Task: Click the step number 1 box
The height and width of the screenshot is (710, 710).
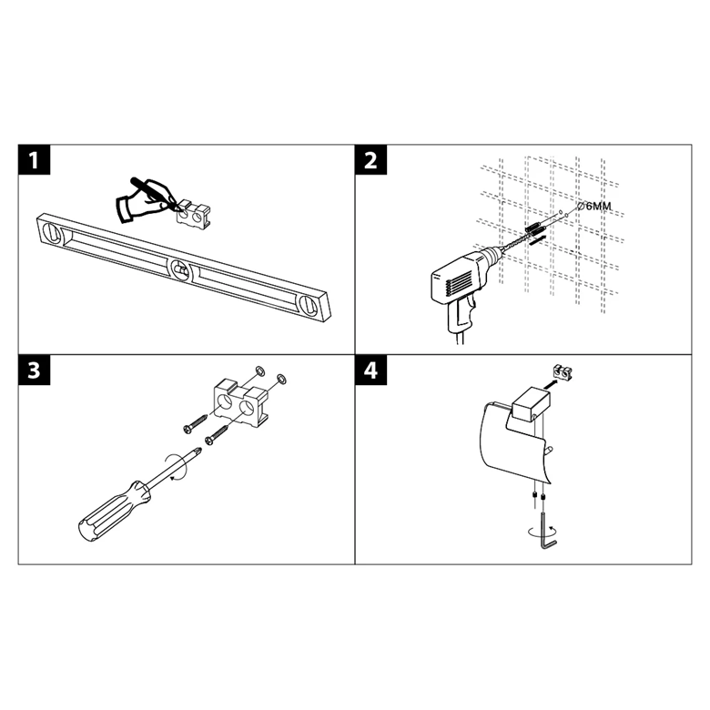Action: (34, 160)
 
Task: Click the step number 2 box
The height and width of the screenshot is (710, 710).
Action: (370, 160)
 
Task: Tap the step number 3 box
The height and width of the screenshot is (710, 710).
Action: (34, 370)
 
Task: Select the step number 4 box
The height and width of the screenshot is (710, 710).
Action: (370, 370)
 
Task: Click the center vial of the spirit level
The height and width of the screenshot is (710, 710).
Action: (181, 270)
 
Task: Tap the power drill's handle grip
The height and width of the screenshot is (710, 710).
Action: (460, 312)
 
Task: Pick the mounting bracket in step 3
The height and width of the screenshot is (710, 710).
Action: (241, 400)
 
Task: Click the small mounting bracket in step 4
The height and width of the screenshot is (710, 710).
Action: (563, 371)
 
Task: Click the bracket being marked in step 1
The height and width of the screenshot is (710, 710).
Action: (194, 213)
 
